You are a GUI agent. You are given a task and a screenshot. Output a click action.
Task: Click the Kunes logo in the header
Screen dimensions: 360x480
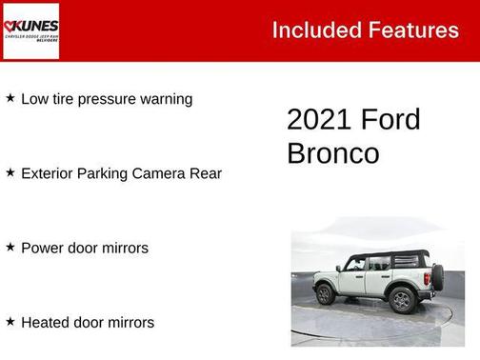[30, 30]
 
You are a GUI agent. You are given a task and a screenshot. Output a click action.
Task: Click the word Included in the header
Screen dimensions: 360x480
[310, 30]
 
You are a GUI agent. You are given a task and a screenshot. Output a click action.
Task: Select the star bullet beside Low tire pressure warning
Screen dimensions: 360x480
[10, 98]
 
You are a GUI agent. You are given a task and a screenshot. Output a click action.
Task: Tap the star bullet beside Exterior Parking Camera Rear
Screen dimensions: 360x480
[10, 173]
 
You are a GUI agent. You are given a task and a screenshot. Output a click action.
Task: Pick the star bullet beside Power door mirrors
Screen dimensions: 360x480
[10, 248]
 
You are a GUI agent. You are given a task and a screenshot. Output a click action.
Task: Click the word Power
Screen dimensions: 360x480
[43, 248]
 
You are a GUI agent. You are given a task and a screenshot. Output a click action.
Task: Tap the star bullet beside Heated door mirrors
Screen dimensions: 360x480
[10, 322]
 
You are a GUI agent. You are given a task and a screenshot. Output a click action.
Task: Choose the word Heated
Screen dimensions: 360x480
[46, 322]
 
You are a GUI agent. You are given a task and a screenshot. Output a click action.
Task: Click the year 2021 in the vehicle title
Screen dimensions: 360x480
[319, 120]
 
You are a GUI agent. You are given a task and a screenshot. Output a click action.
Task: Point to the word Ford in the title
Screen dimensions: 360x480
[390, 120]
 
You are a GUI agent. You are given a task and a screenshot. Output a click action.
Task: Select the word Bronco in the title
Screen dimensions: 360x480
[332, 153]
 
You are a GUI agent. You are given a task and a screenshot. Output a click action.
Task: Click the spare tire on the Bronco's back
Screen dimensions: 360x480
[437, 277]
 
